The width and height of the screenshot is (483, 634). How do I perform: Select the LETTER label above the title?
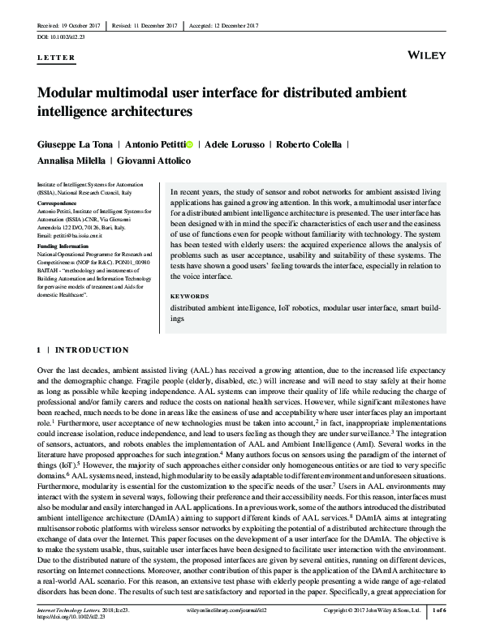pyautogui.click(x=56, y=58)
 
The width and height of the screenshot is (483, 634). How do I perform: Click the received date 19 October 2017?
pyautogui.click(x=74, y=25)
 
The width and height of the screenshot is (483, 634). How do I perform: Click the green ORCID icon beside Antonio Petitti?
pyautogui.click(x=191, y=144)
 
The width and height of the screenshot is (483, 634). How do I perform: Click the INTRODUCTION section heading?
pyautogui.click(x=94, y=350)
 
